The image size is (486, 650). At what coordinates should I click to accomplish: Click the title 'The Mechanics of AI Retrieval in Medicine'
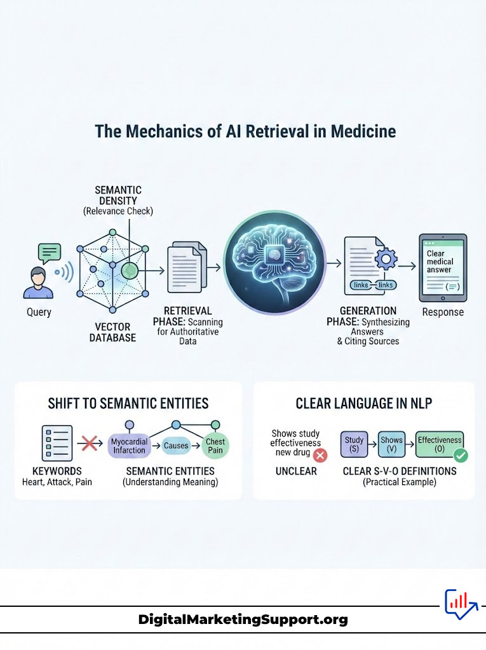[x=245, y=131]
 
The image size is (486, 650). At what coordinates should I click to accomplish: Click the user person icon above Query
[x=38, y=284]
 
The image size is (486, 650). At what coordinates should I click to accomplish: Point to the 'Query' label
[x=39, y=312]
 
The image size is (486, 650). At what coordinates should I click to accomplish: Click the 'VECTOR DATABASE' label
[x=112, y=332]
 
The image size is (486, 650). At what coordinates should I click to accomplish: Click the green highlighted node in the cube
[x=130, y=271]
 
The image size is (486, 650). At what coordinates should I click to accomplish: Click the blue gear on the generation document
[x=386, y=260]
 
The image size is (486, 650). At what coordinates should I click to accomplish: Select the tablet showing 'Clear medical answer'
[x=443, y=267]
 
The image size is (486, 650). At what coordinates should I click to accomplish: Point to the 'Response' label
[x=443, y=312]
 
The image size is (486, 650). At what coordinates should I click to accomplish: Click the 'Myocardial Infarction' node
[x=128, y=446]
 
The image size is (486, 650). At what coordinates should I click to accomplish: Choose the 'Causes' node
[x=176, y=446]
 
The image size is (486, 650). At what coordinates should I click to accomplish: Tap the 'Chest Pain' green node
[x=215, y=446]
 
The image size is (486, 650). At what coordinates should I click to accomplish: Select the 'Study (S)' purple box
[x=354, y=444]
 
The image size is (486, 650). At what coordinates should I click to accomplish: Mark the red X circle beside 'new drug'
[x=320, y=455]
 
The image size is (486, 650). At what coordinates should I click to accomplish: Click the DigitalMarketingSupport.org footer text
[x=243, y=620]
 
